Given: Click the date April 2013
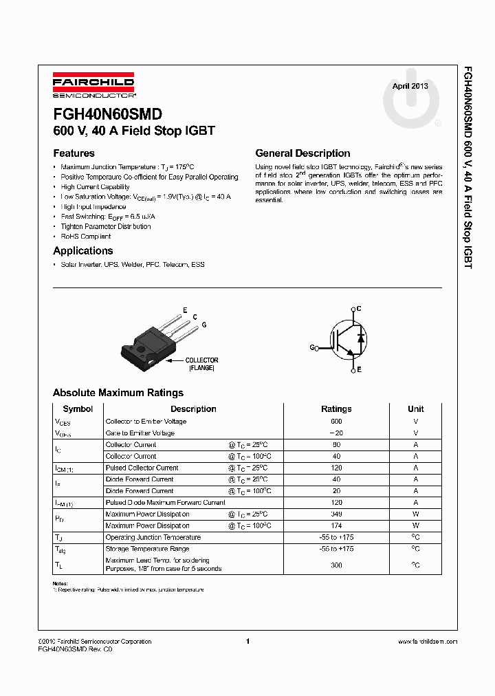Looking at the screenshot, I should tap(410, 86).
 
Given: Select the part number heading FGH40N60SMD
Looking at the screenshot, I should tap(107, 115).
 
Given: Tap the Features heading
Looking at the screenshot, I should tap(74, 153).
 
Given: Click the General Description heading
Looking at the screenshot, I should tap(302, 153).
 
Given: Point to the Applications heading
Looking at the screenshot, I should tap(82, 251).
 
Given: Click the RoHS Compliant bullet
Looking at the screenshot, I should tap(85, 237).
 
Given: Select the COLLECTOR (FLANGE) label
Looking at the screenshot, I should tap(201, 364).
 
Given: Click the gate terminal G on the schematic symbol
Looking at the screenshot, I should tap(313, 348).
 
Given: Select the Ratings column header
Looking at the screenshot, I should tap(336, 409).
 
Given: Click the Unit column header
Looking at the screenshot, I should tap(415, 409).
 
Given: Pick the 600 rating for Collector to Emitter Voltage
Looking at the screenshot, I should tap(336, 422).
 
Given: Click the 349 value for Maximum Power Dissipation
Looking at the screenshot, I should tap(336, 514).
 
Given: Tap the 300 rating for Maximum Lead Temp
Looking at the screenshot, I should tap(336, 565).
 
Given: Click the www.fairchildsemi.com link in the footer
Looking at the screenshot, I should tap(427, 642).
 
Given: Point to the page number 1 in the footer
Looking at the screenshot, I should tap(247, 642).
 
